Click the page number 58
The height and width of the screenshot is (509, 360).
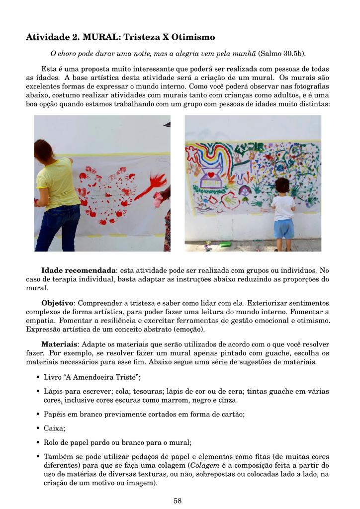point(178,501)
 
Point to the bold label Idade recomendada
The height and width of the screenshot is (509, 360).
point(78,270)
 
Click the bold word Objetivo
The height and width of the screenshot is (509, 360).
point(57,303)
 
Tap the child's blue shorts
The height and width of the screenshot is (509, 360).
point(284,228)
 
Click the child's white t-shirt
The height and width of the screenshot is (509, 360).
point(284,207)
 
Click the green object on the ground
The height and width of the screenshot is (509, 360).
point(226,244)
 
